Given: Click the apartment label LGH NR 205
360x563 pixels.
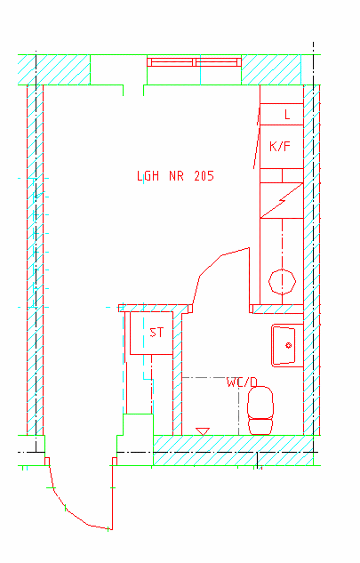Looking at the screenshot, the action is click(175, 176).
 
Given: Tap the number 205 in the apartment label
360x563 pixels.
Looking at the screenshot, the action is click(204, 176).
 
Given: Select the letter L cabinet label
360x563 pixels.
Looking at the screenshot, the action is click(287, 114).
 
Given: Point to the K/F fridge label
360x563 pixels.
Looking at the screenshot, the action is click(280, 146).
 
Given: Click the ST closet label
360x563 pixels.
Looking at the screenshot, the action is click(157, 332).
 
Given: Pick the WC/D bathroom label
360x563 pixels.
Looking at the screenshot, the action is click(242, 383).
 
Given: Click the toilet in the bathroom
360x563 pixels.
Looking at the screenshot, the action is click(260, 411).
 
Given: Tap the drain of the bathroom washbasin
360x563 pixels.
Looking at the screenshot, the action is click(288, 346).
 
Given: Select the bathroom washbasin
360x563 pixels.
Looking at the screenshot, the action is click(287, 345).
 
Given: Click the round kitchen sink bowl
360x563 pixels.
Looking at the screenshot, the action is click(282, 281).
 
